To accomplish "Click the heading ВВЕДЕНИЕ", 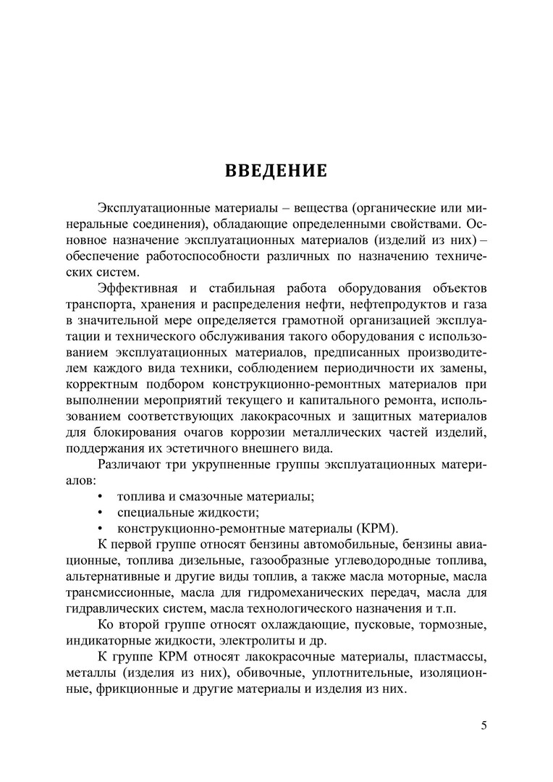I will click(276, 172).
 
